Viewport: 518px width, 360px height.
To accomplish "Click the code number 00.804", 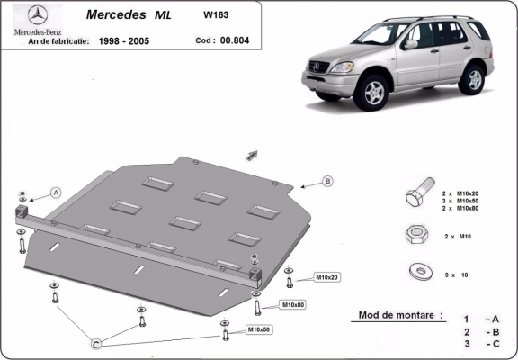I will pyautogui.click(x=235, y=40).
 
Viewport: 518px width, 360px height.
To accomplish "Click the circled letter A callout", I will pyautogui.click(x=56, y=192).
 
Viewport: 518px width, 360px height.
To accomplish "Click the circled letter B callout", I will pyautogui.click(x=327, y=181).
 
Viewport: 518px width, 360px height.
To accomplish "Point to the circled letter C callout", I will pyautogui.click(x=97, y=342).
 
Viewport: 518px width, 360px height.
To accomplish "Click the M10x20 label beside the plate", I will pyautogui.click(x=326, y=276).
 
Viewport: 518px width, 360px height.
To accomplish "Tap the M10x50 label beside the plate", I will pyautogui.click(x=261, y=331).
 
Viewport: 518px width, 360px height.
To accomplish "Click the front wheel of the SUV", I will pyautogui.click(x=373, y=92).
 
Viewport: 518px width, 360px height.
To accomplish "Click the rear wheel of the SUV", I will pyautogui.click(x=472, y=78).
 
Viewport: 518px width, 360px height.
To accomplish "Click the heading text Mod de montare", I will pyautogui.click(x=400, y=315).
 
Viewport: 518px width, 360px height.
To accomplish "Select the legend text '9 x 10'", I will pyautogui.click(x=459, y=273).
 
